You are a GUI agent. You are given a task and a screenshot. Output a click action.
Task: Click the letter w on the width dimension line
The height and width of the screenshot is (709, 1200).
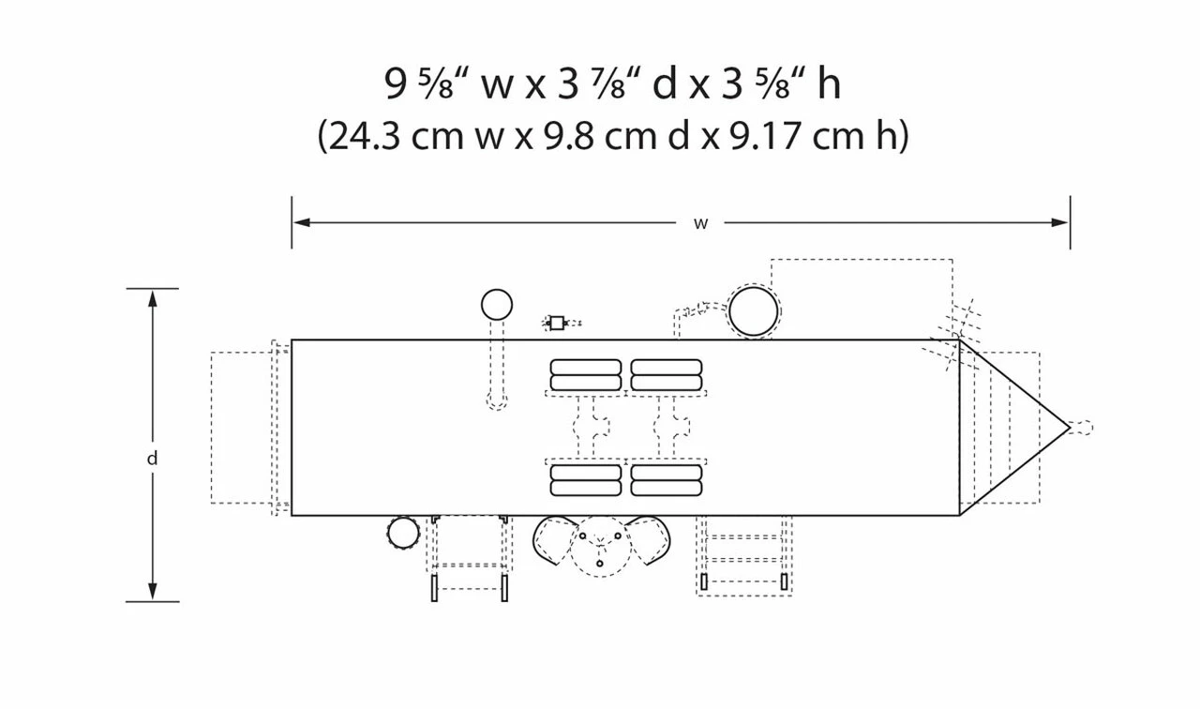click(x=700, y=223)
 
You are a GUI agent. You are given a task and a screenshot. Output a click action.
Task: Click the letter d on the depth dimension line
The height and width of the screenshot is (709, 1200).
click(x=153, y=459)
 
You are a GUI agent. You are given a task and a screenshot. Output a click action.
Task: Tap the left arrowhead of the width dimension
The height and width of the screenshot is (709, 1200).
click(x=302, y=222)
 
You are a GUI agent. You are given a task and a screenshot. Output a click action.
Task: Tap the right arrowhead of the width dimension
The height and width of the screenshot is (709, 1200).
click(x=1059, y=222)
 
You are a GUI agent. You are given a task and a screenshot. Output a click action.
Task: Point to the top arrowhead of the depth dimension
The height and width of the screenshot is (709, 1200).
click(x=153, y=299)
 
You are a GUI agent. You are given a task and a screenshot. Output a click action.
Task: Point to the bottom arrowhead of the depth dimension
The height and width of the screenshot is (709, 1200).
click(x=153, y=591)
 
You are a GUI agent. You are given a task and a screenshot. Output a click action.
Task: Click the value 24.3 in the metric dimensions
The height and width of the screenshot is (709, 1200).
click(x=365, y=136)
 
